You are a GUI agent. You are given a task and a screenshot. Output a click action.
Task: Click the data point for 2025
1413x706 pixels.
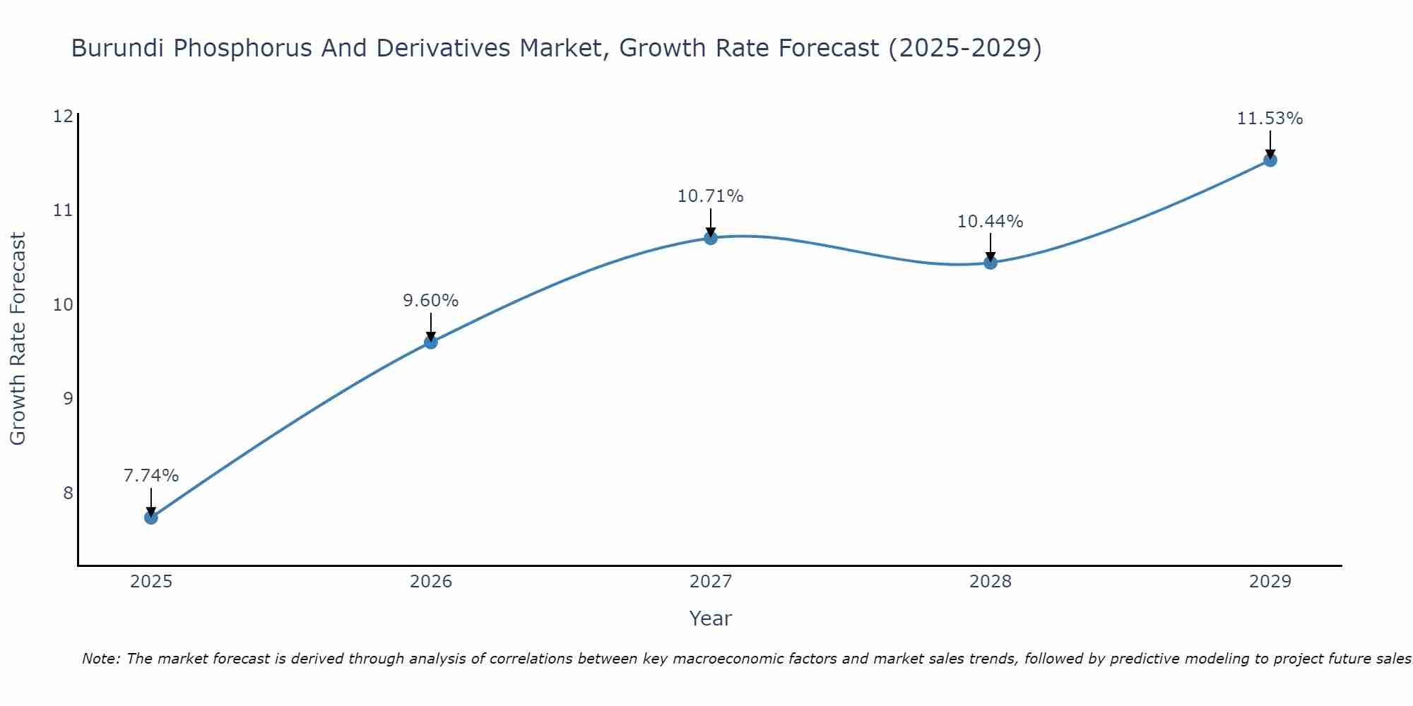click(150, 517)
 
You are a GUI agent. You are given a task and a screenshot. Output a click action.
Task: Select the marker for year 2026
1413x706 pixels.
click(430, 342)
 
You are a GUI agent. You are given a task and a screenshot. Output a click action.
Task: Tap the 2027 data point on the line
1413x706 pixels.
click(711, 238)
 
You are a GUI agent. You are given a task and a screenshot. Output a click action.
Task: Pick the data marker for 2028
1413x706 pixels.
click(991, 263)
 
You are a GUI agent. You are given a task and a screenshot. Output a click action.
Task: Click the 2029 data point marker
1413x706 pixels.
click(1270, 160)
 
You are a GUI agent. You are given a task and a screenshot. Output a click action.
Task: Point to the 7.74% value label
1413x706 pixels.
click(151, 476)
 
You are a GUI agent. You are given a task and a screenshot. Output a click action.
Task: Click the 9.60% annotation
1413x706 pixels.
click(430, 301)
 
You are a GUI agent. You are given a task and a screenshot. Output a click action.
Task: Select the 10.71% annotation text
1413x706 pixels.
click(710, 196)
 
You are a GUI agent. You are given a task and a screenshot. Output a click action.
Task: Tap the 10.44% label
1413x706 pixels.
click(990, 222)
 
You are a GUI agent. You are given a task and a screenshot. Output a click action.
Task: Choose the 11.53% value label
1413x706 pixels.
click(1270, 119)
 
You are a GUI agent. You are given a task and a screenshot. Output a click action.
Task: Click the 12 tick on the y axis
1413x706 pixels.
click(63, 116)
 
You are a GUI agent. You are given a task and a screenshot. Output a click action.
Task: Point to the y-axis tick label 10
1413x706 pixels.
click(63, 305)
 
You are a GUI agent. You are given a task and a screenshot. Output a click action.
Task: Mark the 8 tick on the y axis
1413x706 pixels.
click(68, 493)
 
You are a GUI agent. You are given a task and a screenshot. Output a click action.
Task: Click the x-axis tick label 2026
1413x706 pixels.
click(431, 582)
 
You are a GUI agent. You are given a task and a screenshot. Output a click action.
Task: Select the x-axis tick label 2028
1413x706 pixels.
click(991, 582)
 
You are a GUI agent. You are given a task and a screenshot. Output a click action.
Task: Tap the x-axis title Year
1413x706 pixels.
click(710, 618)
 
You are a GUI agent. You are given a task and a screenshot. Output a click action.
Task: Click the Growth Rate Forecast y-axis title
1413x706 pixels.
click(18, 339)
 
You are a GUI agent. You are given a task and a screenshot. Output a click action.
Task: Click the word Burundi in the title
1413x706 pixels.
click(119, 48)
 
